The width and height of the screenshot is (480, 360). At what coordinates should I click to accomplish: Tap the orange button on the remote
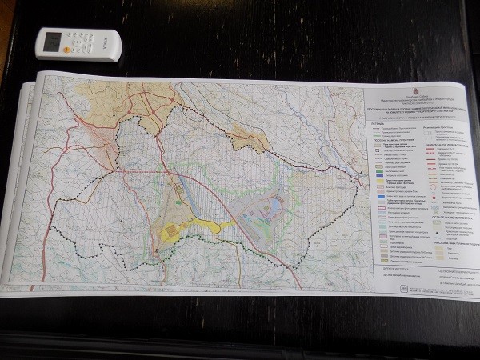(80, 37)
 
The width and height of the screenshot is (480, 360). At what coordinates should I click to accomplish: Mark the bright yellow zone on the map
(173, 232)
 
